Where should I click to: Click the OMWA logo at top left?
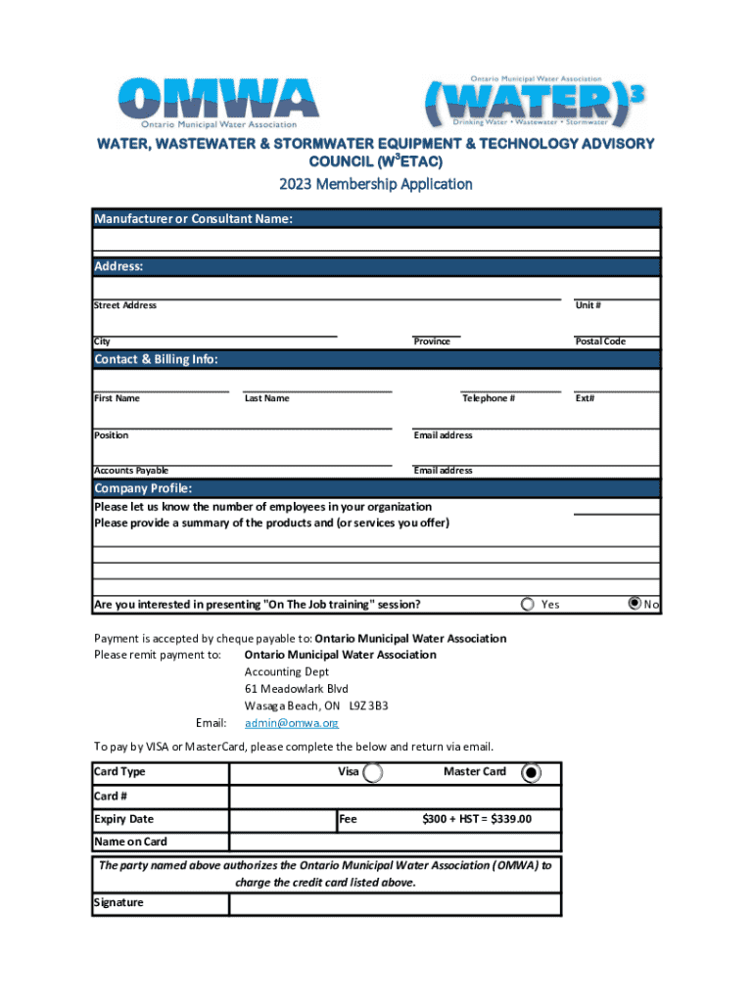[x=218, y=101]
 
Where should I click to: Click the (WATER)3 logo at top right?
[x=536, y=101]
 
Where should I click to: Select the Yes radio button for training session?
[x=529, y=604]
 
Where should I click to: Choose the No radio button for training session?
[x=635, y=604]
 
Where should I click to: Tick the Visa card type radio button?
[x=372, y=773]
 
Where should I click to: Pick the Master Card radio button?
[x=531, y=773]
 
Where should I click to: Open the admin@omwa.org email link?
[x=292, y=723]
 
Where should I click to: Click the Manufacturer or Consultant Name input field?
[x=377, y=241]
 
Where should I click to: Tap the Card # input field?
[x=396, y=797]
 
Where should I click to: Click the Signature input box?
[x=396, y=903]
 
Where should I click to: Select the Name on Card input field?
[x=396, y=843]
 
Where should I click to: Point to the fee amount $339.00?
[x=476, y=819]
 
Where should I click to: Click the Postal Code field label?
[x=599, y=342]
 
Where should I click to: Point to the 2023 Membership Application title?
[x=376, y=184]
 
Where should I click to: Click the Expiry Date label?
[x=124, y=819]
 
